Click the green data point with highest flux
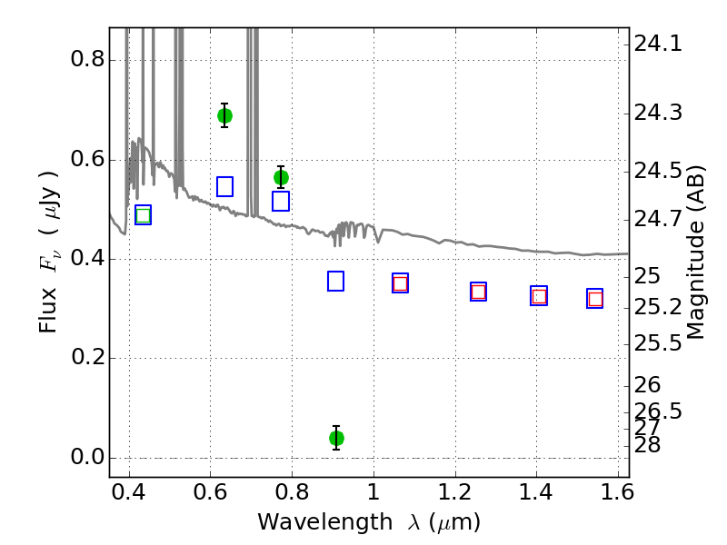tap(224, 115)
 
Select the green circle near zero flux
tap(336, 438)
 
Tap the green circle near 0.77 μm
tap(281, 177)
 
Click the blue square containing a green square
tap(143, 215)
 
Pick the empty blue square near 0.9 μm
tap(335, 281)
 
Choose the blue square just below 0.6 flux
tap(224, 186)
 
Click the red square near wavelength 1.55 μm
tap(595, 300)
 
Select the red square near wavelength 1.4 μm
tap(539, 296)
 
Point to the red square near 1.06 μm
tap(400, 283)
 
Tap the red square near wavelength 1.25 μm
tap(479, 292)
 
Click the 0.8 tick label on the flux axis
tap(87, 59)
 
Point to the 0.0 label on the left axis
tap(87, 457)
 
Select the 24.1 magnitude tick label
tap(658, 44)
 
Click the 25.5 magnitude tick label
tap(658, 343)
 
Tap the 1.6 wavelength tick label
tap(617, 492)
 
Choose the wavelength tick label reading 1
tap(373, 492)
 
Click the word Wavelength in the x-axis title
tap(325, 522)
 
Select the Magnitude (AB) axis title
tap(694, 253)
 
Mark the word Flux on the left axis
tap(47, 310)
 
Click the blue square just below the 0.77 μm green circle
tap(281, 201)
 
